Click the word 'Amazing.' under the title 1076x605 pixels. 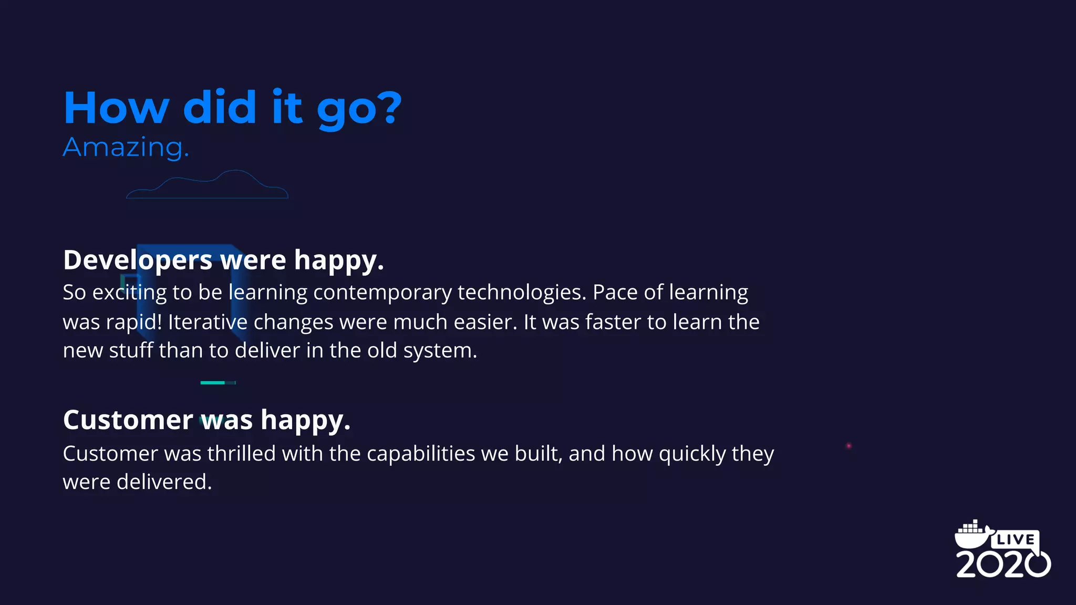coord(126,148)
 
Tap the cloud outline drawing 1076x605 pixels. coord(207,185)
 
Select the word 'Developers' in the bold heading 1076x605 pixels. coord(138,260)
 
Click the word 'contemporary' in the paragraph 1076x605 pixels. coord(382,293)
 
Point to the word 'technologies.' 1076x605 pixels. coord(522,293)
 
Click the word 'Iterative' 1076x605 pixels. coord(208,322)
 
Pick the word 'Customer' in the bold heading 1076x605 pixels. coord(128,420)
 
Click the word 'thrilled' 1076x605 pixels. coord(241,454)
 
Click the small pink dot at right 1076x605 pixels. coord(849,446)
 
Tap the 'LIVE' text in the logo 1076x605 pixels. coord(1016,539)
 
